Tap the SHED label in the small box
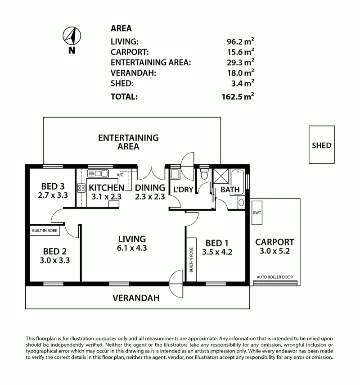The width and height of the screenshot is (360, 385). click(321, 145)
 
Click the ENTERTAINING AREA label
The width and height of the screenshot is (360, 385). click(128, 142)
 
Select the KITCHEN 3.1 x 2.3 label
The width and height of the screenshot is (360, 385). click(106, 191)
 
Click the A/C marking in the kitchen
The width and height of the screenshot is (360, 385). click(120, 175)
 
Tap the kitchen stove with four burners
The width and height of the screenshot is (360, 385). click(81, 188)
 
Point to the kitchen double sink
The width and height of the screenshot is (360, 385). click(98, 173)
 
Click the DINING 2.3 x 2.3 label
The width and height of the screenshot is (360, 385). click(150, 191)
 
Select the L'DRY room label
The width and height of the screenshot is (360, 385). click(182, 190)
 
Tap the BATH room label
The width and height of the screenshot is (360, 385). click(230, 190)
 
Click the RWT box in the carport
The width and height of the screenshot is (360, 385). click(257, 213)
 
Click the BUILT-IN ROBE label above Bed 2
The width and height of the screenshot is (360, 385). click(45, 230)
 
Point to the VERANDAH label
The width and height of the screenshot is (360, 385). click(135, 298)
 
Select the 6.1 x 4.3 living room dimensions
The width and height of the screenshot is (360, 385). click(132, 248)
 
